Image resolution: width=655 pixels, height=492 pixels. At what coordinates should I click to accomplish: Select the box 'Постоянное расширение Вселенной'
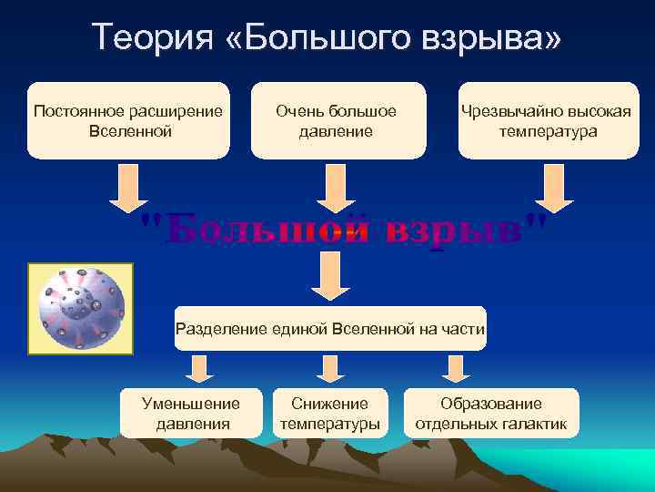pos(127,120)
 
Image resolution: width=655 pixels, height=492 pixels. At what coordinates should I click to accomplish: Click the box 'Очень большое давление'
pos(337,120)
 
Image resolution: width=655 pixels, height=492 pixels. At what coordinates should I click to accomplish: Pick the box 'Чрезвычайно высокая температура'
pos(546,120)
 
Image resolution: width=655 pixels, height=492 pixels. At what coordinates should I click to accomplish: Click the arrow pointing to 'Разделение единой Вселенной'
pos(330,276)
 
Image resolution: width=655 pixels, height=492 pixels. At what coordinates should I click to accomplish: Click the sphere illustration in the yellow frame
pos(81,309)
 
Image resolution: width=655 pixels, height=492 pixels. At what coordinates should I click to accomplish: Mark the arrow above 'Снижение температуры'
pos(328,368)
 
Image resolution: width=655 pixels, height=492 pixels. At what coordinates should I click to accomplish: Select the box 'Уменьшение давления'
pos(192,413)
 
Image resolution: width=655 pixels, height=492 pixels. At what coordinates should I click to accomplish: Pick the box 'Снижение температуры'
pos(329,413)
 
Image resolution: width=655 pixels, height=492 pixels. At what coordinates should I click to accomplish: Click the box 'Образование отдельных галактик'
pos(490,413)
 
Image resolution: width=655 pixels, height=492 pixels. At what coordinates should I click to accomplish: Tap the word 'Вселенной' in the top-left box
pos(127,131)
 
